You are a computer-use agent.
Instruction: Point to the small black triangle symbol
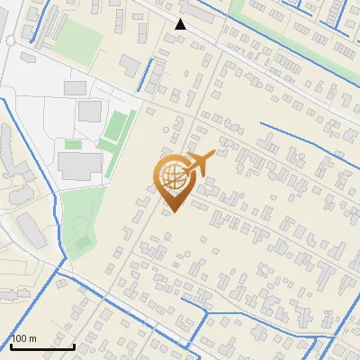tap(181, 24)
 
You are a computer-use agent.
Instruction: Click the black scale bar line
tap(42, 346)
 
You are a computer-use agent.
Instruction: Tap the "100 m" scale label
tap(24, 338)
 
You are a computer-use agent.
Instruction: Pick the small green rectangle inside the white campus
tap(73, 144)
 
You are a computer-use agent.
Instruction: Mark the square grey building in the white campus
tap(89, 112)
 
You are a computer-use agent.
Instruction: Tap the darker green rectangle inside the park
tap(83, 241)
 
